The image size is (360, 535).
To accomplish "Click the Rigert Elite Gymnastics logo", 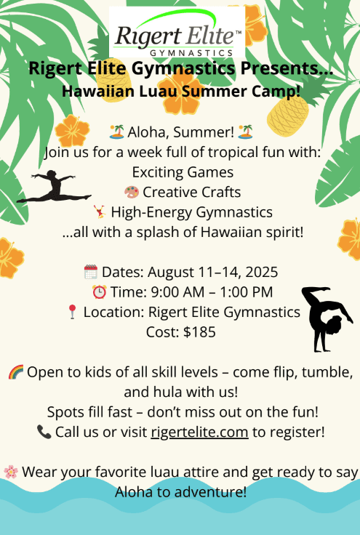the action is (x=177, y=33).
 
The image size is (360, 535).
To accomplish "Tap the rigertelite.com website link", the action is (x=199, y=432).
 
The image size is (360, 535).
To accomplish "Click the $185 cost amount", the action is (x=199, y=332).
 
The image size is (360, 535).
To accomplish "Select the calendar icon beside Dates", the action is (x=90, y=272).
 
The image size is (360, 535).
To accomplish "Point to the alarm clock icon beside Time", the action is (x=100, y=292).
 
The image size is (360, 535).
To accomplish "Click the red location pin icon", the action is (x=72, y=312).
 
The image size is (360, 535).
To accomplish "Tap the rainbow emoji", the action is (x=16, y=372).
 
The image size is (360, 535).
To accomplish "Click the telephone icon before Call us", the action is (x=44, y=432).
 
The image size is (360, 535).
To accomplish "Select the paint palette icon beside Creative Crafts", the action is (x=132, y=192).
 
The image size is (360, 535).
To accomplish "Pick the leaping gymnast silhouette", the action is (x=55, y=188).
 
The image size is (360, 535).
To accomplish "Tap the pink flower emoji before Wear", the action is (x=11, y=472).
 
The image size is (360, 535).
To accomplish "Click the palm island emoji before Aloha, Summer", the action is (x=116, y=132).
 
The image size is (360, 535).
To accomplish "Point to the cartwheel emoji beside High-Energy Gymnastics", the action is (x=100, y=212).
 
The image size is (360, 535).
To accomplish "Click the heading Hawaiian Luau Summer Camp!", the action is (x=181, y=91).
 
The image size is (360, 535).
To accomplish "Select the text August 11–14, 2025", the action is (x=212, y=272).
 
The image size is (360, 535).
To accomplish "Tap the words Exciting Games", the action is (x=183, y=172).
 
